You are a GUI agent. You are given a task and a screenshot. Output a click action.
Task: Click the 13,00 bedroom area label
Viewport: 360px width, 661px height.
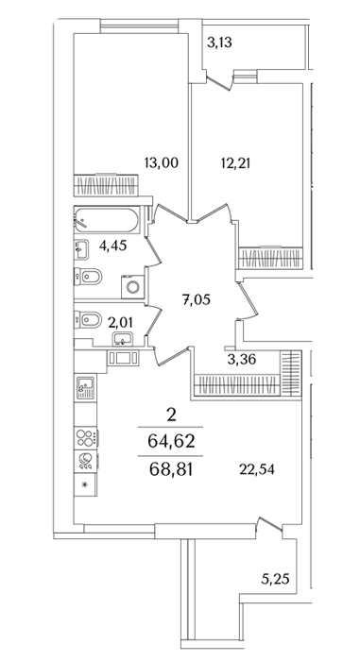click(x=161, y=162)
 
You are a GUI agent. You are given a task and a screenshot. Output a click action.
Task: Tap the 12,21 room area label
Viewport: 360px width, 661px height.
click(x=235, y=162)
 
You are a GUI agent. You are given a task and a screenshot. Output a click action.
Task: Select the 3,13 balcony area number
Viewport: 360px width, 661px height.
click(x=219, y=42)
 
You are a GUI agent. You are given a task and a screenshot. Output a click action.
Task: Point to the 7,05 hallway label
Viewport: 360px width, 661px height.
click(x=196, y=300)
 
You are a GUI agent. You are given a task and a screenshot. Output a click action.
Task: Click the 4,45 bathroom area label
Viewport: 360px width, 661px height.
click(x=113, y=246)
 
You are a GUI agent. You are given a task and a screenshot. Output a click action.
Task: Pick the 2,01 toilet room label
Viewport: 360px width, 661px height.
click(x=120, y=323)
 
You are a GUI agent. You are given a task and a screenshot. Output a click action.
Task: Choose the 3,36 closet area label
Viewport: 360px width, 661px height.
click(x=241, y=360)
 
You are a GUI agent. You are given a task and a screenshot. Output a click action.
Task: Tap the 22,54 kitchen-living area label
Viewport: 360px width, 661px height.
click(x=257, y=469)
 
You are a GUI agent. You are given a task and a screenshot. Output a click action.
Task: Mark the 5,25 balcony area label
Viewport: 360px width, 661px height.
click(x=275, y=580)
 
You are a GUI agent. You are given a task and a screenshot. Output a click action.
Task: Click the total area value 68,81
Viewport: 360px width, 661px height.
click(x=171, y=469)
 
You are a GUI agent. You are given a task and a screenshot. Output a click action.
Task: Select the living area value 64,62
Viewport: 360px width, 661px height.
click(x=171, y=441)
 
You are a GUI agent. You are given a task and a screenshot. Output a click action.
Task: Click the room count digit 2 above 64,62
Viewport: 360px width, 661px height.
click(x=171, y=415)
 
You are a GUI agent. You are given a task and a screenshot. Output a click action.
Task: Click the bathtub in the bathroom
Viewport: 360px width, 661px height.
click(x=107, y=220)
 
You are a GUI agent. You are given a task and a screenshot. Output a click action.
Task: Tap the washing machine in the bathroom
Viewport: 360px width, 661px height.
click(x=133, y=287)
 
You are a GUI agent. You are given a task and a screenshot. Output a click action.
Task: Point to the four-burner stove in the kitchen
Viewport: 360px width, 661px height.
click(x=86, y=437)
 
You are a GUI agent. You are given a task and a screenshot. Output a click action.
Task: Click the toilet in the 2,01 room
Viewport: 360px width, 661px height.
click(x=88, y=320)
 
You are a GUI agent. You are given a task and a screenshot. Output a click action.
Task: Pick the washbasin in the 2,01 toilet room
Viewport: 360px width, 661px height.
click(x=123, y=338)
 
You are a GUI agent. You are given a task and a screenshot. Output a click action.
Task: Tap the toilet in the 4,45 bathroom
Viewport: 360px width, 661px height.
click(x=88, y=276)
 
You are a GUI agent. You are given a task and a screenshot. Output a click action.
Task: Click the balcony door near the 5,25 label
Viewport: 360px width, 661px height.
click(x=270, y=525)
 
